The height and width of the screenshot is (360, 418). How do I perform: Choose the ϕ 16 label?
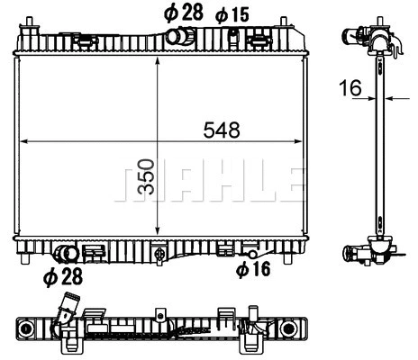253,268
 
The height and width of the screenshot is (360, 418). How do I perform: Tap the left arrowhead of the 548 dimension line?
24,141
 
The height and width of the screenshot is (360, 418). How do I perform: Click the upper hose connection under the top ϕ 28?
184,36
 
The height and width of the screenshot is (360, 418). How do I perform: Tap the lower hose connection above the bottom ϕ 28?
66,254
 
